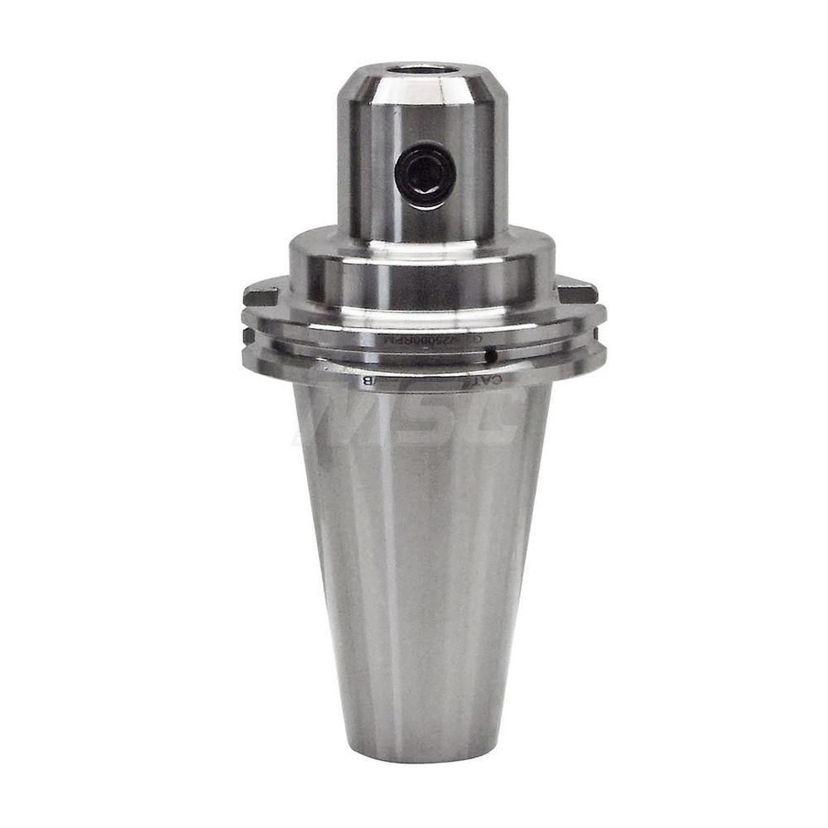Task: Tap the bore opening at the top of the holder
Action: [x=422, y=70]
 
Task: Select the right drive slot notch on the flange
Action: [x=577, y=292]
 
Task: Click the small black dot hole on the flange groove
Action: [x=491, y=357]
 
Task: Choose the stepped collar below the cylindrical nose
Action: [x=422, y=265]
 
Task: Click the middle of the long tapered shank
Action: [x=422, y=563]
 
